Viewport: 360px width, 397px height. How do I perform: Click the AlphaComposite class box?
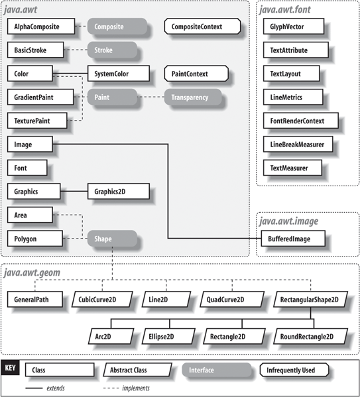coord(41,26)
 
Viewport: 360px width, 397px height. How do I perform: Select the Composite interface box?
coord(117,26)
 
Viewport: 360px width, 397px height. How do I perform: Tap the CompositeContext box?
coord(202,26)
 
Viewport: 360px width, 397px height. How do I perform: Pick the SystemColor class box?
coord(119,74)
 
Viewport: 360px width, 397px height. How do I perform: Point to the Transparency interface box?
coord(193,97)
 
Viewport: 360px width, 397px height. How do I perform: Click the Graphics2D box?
coord(119,192)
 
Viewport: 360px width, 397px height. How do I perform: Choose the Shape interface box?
coord(112,238)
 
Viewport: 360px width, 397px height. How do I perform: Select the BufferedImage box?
coord(293,238)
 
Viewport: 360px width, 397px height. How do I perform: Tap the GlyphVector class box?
coord(294,26)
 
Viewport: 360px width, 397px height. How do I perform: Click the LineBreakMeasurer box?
coord(298,144)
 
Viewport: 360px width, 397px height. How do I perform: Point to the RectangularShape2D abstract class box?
coord(310,300)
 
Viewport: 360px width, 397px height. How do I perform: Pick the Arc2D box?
coord(111,336)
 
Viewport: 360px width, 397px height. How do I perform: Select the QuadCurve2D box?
coord(232,300)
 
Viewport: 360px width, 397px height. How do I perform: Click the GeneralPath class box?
coord(35,300)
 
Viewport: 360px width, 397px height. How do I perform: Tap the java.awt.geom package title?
coord(32,272)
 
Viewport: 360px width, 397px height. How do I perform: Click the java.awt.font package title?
coord(285,10)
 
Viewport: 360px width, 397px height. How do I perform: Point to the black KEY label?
coord(10,368)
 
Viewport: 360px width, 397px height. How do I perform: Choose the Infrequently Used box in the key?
coord(294,370)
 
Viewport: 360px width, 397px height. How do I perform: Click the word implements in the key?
coord(136,388)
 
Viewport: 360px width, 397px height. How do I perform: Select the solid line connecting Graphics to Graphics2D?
coord(74,191)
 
